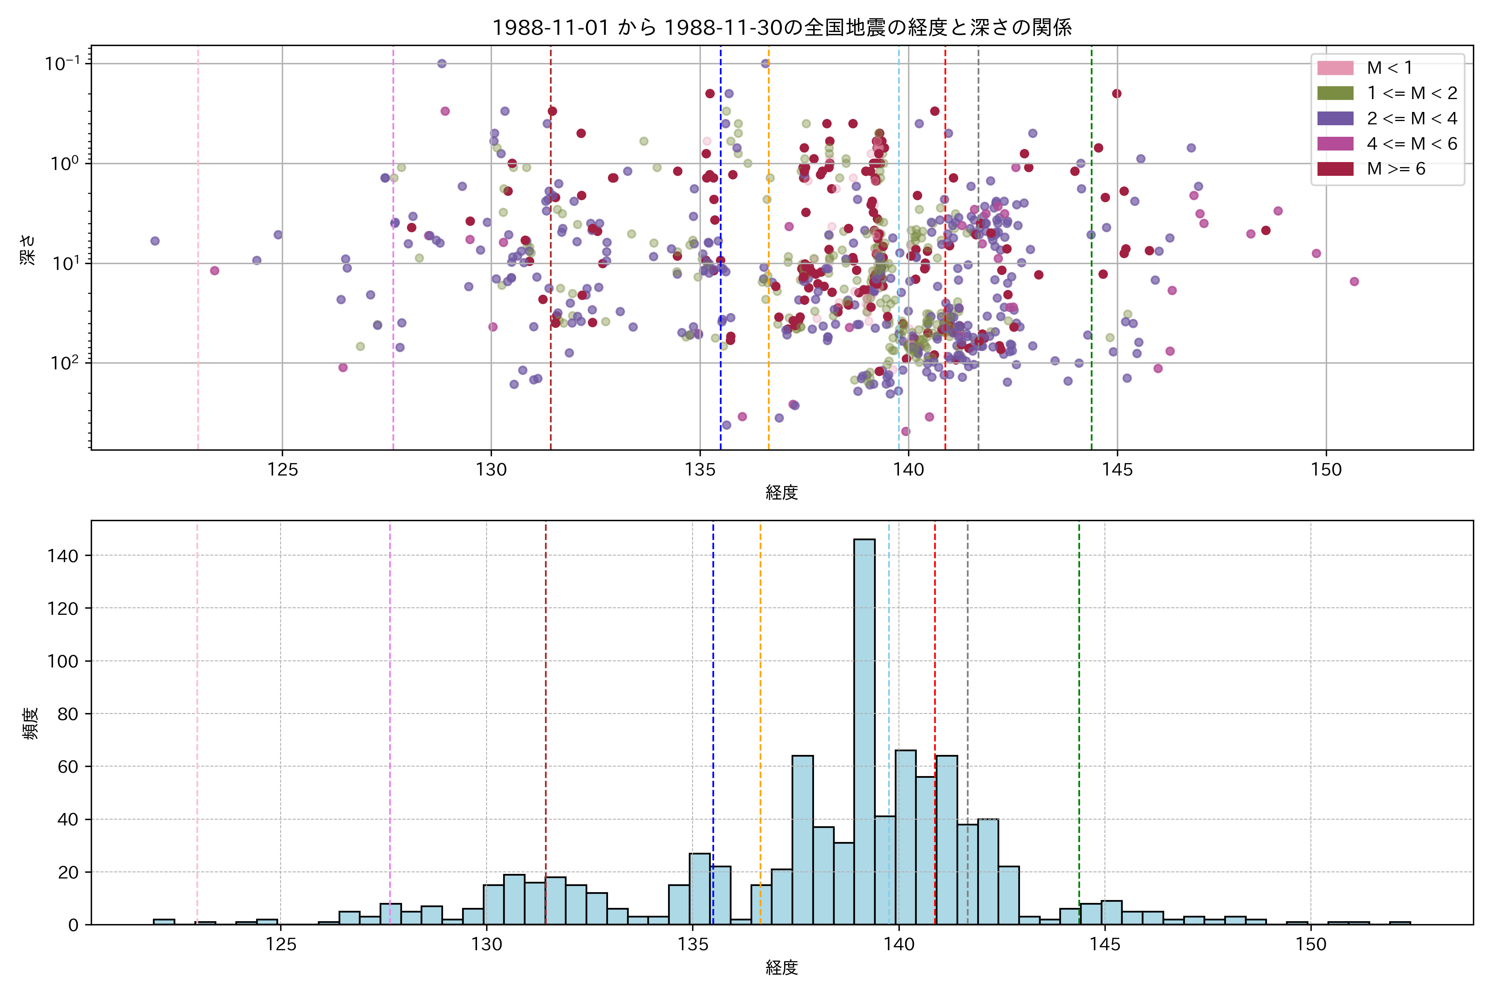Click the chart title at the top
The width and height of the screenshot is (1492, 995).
(782, 27)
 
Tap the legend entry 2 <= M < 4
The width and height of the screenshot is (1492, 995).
(1412, 119)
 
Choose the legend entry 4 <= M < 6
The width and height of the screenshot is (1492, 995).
(1412, 144)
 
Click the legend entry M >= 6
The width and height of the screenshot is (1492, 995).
(1395, 169)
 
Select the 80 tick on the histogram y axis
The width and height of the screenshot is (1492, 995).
(68, 714)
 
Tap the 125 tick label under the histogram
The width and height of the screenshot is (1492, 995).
(281, 944)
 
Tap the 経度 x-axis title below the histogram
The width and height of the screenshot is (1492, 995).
(782, 968)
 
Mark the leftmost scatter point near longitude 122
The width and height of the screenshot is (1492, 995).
(155, 241)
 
